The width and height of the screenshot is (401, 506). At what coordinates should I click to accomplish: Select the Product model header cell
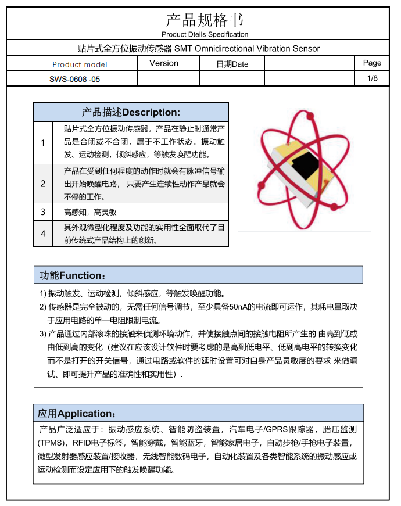pos(80,64)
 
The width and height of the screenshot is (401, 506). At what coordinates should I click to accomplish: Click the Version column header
pos(164,63)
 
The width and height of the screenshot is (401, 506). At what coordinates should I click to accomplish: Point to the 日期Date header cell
pos(232,64)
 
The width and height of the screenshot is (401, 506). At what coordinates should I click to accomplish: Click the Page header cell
pos(372,63)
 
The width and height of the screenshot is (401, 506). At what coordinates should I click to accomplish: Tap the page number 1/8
pos(373,78)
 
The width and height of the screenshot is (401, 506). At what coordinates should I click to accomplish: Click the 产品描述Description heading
pos(131,112)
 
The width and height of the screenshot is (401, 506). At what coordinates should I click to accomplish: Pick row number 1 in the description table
pos(43,142)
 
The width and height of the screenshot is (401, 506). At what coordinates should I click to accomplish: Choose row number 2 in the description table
pos(43,184)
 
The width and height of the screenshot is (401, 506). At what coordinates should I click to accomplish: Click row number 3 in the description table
pos(43,212)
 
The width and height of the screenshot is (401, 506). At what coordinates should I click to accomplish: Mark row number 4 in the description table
pos(43,234)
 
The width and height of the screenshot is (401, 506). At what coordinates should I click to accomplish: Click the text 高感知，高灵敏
pos(90,212)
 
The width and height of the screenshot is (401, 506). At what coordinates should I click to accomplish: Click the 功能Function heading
pos(73,275)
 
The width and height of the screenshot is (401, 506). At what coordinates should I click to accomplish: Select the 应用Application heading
pos(77,414)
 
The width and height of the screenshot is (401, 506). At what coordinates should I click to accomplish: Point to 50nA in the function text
pos(241,306)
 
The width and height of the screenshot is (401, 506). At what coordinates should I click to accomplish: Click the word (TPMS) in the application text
pos(50,442)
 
